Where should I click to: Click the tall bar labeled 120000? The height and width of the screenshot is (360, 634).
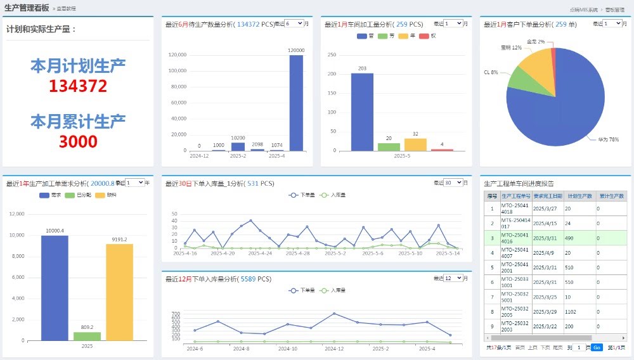coord(296,103)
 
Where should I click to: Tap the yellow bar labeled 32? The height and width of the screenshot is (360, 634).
coord(415,144)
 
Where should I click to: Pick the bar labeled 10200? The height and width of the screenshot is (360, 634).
coord(238,146)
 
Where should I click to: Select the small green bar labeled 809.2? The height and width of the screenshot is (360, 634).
coord(87,336)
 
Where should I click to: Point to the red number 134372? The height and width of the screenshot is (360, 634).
coord(78,86)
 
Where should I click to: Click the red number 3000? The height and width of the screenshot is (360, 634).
coord(78,141)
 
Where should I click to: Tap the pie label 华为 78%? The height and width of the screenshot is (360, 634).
coord(608,139)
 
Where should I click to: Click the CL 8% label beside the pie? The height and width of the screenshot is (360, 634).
coord(491,72)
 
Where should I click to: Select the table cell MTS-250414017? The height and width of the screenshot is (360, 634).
coord(515,223)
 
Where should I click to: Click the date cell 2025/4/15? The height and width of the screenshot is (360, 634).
coord(545,223)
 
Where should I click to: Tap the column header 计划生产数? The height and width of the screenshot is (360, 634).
coord(579,196)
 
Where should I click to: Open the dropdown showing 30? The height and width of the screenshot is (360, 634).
coord(453,183)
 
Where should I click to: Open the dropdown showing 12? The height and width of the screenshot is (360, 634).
coord(453,278)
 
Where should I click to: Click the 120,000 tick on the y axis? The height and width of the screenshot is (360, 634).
coord(177,55)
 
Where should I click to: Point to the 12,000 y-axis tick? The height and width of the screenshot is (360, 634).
coord(17,214)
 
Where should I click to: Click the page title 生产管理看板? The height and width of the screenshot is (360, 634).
coord(27,8)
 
